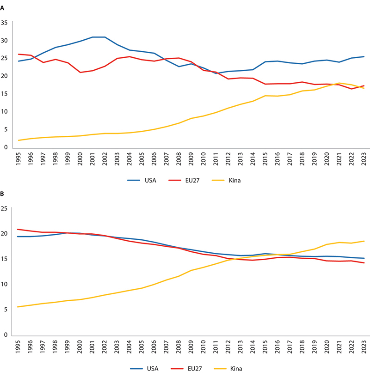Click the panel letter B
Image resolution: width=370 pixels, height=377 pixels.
click(3, 195)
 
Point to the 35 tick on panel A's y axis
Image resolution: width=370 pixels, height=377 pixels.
click(5, 23)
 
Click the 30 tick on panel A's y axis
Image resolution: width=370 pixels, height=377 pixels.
click(5, 41)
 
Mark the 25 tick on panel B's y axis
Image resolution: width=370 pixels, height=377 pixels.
click(5, 209)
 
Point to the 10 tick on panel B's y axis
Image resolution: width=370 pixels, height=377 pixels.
click(5, 285)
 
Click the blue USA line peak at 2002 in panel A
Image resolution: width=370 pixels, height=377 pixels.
click(105, 37)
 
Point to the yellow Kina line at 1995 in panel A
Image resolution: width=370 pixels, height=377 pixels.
click(18, 140)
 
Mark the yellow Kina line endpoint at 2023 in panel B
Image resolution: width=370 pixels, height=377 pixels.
click(364, 241)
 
